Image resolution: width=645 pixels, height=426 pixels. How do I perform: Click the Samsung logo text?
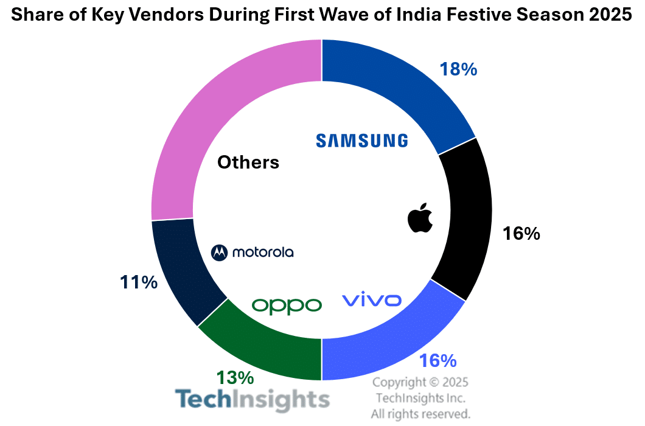362,141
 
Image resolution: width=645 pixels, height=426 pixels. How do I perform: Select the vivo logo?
371,300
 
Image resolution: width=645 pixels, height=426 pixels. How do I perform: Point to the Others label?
248,162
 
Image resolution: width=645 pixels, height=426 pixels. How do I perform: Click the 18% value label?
458,69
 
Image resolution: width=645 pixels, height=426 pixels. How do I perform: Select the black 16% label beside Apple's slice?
521,234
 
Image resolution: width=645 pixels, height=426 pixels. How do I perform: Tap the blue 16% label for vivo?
438,361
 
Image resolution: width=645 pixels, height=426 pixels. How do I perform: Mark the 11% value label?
139,282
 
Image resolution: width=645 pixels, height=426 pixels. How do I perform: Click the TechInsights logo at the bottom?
253,400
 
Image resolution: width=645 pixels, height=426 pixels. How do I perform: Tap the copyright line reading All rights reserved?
420,414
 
